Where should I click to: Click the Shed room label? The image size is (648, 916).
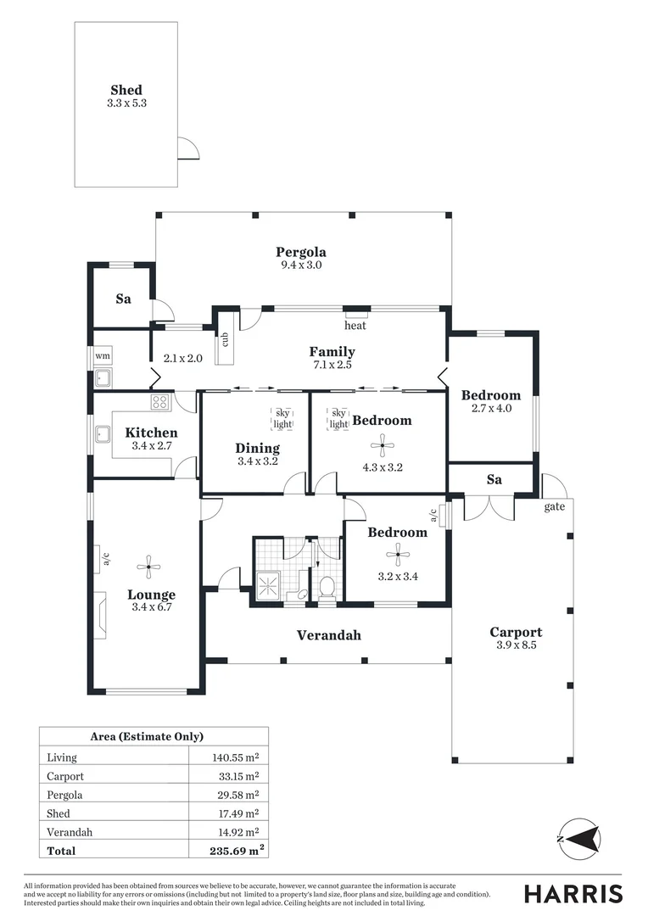tap(126, 90)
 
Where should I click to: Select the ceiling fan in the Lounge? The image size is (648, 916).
tap(149, 567)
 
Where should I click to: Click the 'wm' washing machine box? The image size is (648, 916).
tap(103, 355)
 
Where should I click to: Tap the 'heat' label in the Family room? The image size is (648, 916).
tap(355, 326)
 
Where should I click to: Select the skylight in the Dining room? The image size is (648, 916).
tap(282, 418)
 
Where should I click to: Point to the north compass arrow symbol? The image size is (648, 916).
tap(579, 839)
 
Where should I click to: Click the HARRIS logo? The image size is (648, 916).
tap(573, 893)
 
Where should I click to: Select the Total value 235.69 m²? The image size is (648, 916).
tap(235, 851)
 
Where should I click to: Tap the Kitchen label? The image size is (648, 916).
tap(151, 433)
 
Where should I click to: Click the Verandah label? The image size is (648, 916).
tap(328, 634)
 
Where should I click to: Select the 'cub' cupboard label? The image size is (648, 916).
tap(226, 339)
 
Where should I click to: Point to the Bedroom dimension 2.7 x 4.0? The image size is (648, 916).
tap(490, 408)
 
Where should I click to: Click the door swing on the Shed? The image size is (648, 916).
tap(188, 148)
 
